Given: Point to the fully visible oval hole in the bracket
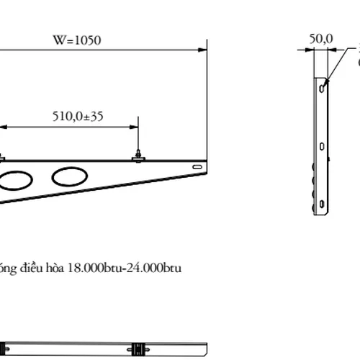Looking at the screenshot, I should [71, 176].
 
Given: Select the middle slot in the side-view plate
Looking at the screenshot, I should [320, 146].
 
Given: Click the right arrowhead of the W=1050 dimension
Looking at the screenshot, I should [204, 50].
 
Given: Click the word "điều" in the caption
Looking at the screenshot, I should [36, 269].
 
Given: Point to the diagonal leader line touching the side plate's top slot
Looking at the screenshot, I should [333, 72].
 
